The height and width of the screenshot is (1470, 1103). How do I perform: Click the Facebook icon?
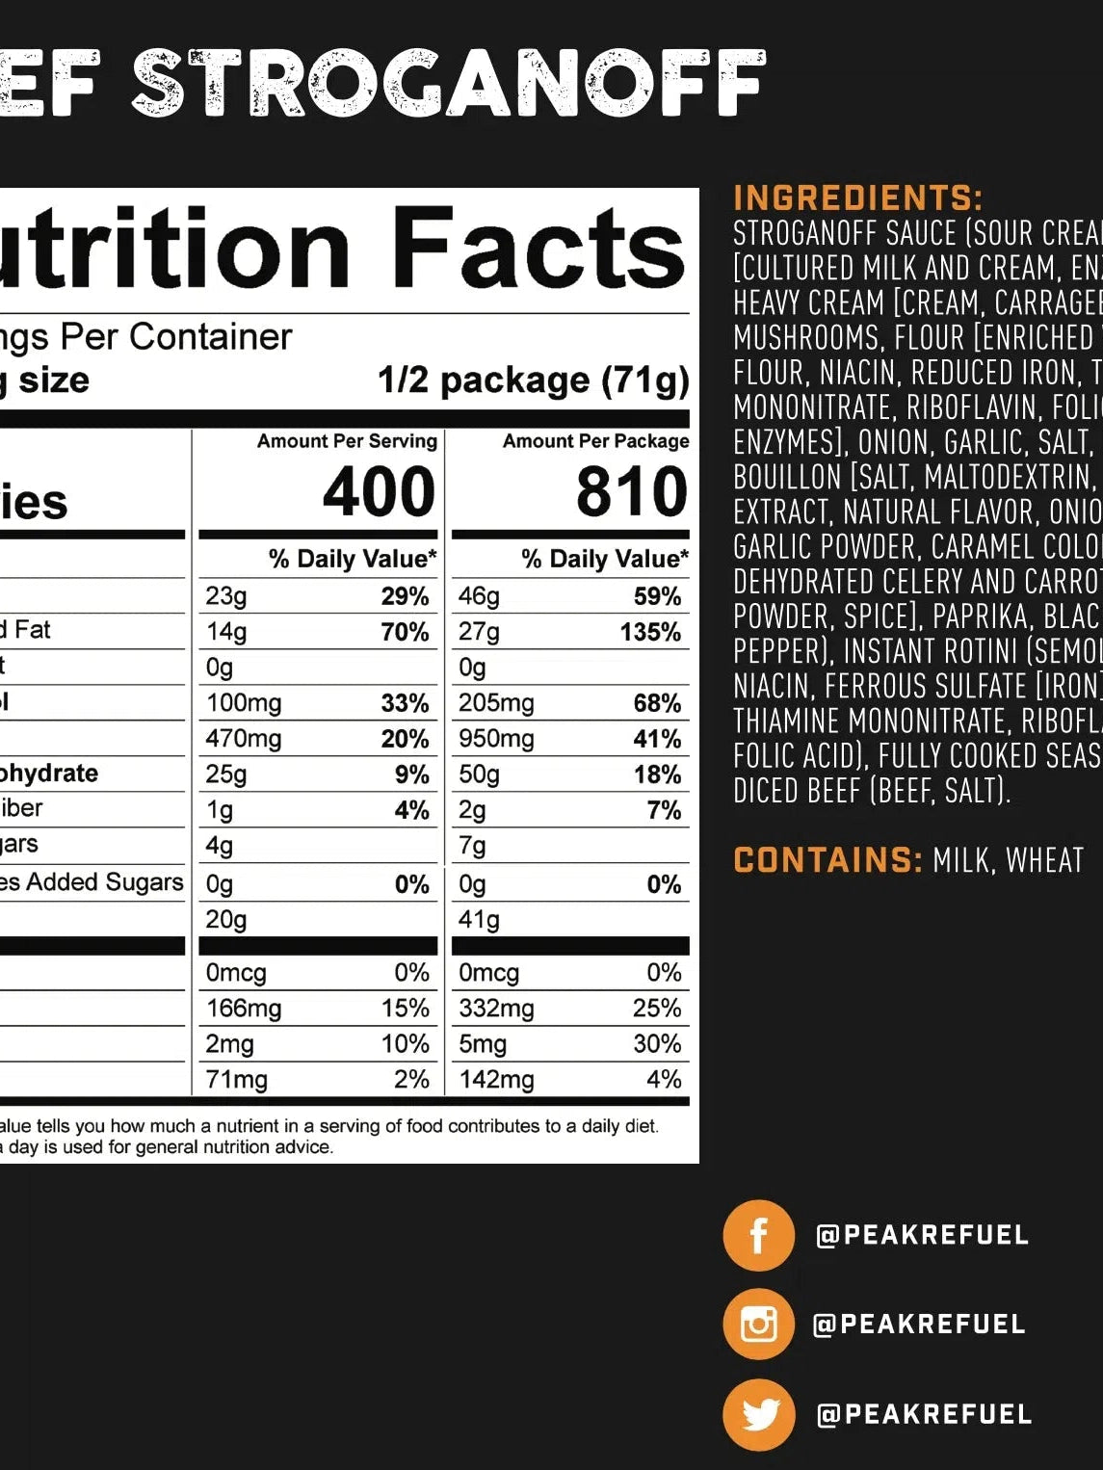(x=758, y=1235)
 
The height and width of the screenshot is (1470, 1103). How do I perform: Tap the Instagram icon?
(x=758, y=1324)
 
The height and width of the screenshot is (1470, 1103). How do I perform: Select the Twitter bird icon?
(x=758, y=1414)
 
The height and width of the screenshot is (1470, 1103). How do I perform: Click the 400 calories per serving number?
(x=379, y=492)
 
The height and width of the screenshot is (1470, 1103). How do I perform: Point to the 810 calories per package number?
(x=631, y=492)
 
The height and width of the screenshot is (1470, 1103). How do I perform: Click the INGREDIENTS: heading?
(x=857, y=198)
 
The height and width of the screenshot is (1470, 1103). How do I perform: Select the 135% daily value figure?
(x=650, y=633)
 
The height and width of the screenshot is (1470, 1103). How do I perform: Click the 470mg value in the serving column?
(x=244, y=739)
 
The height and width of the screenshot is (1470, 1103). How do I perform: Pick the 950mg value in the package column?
(x=496, y=739)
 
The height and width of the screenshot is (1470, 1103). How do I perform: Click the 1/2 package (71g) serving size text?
(x=533, y=381)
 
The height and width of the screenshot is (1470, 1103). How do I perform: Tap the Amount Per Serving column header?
(x=347, y=441)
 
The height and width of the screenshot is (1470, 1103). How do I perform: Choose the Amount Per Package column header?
(x=595, y=441)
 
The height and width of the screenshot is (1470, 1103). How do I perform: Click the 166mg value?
(x=244, y=1009)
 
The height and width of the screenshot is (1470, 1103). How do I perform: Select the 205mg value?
(x=496, y=703)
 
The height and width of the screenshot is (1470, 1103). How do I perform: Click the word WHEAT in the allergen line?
(x=1044, y=860)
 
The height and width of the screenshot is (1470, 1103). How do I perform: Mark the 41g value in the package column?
(x=479, y=920)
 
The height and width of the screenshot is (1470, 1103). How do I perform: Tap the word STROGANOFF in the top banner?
(x=448, y=84)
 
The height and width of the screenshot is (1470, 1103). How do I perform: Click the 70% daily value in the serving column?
(x=405, y=633)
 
